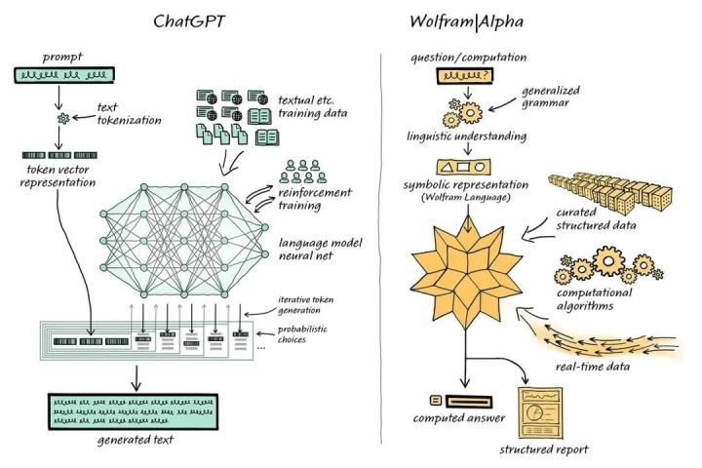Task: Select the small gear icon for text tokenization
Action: click(x=64, y=118)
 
